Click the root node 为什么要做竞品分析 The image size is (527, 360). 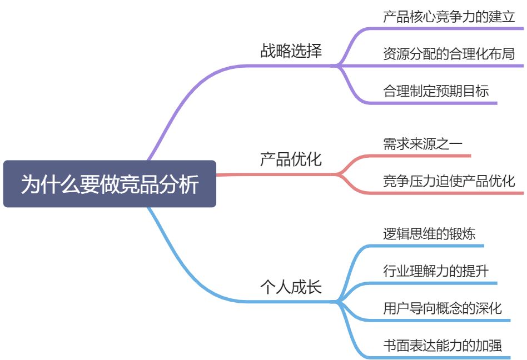110,184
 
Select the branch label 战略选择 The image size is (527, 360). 291,51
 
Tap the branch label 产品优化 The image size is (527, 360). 291,159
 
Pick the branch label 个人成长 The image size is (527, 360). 291,287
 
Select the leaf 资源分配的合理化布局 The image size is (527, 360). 449,54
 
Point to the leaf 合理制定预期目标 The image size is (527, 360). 436,91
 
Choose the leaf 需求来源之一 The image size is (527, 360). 422,143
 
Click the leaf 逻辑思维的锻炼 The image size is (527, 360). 429,233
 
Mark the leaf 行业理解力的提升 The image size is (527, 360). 436,271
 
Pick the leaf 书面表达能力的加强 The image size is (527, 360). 443,346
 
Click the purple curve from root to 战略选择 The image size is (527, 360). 183,100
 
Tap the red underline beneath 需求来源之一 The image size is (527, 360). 422,156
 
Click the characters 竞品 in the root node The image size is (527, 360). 139,184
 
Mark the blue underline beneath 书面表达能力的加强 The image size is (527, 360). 443,358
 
